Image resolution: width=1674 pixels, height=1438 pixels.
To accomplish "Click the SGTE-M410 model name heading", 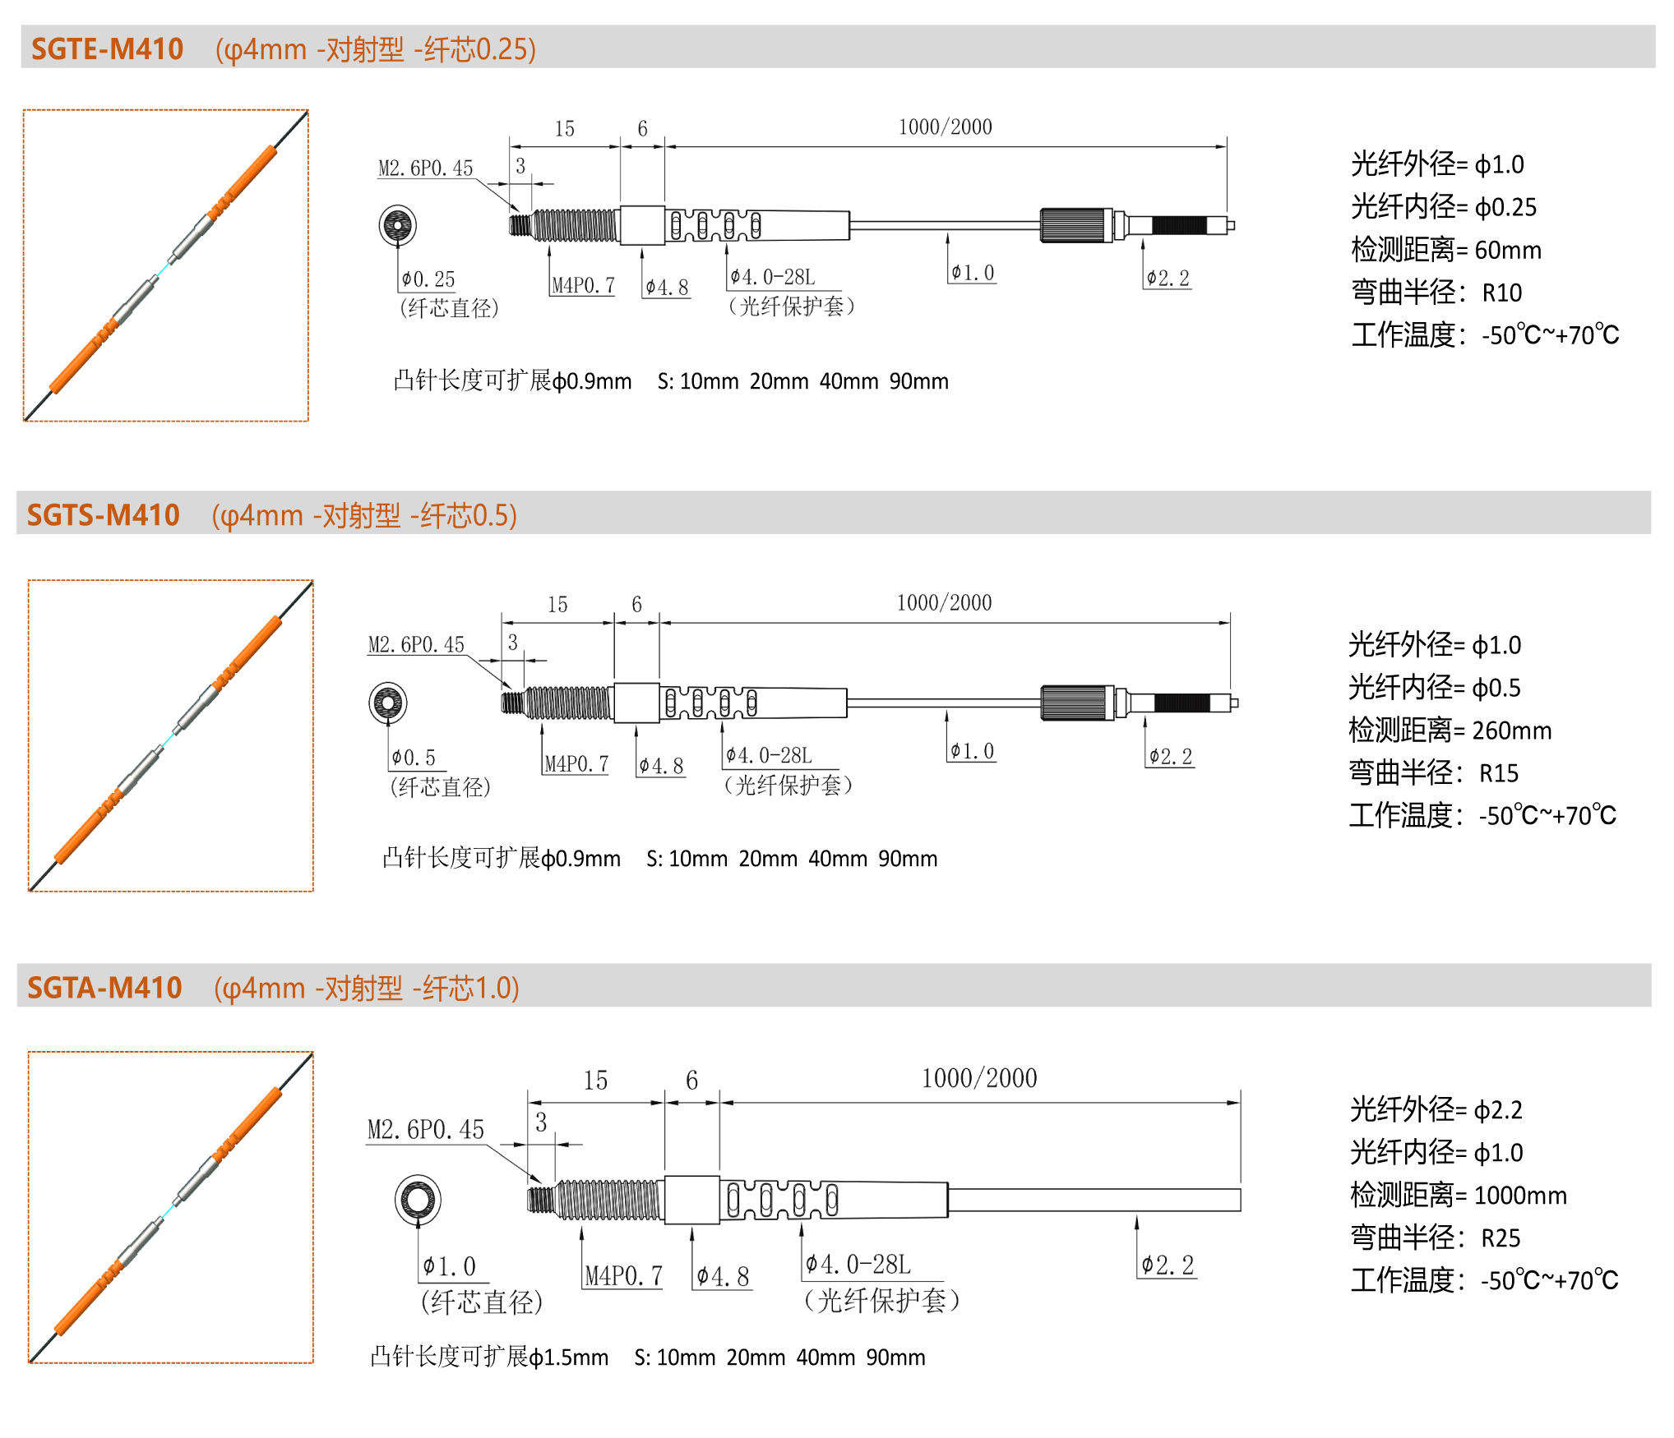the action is tap(107, 49).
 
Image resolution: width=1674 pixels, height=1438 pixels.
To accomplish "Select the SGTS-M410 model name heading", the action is tap(104, 515).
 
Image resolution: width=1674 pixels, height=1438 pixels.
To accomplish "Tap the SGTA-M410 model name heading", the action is tap(104, 988).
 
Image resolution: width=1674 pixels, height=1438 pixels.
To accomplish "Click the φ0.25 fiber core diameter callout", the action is tap(428, 279).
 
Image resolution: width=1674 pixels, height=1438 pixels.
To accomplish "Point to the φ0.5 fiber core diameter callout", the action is tap(414, 758).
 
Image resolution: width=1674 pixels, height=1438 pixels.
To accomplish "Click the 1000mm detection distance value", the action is tap(1521, 1196).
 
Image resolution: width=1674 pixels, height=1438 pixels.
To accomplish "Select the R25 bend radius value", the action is tap(1501, 1238).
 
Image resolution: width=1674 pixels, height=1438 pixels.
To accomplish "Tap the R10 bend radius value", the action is tap(1502, 293).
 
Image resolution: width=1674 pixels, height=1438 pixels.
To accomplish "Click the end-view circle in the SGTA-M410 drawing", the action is tap(418, 1199).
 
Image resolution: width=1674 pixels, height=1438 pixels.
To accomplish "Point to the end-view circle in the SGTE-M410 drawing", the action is tap(398, 225).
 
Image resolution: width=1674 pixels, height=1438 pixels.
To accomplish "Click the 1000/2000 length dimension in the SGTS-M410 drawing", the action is tap(944, 603).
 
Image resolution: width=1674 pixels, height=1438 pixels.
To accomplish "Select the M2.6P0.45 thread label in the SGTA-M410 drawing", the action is tap(426, 1130).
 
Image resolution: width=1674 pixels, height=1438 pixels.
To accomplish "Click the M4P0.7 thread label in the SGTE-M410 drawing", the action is tap(583, 285).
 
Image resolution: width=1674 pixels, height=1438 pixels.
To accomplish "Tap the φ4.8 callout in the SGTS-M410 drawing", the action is tap(662, 766).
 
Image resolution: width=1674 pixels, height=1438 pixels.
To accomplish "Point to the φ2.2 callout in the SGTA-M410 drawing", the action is tap(1168, 1265).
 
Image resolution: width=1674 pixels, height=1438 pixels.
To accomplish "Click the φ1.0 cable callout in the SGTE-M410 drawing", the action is tap(973, 273).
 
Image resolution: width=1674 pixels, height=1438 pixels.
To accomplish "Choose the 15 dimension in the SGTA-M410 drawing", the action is tap(595, 1081).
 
